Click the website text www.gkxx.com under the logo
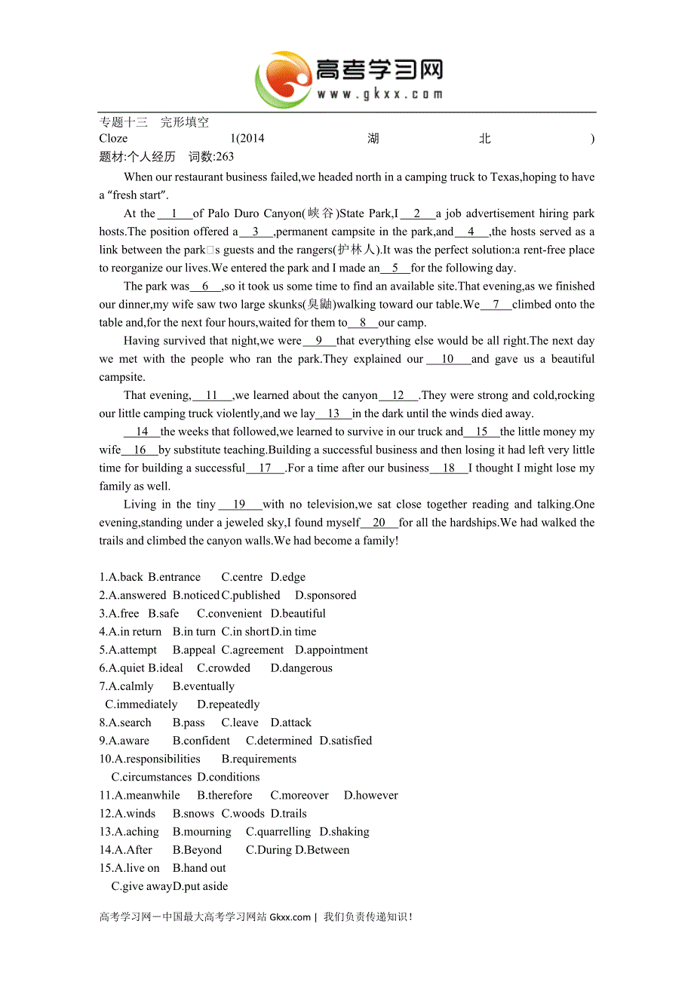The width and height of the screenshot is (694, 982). (x=379, y=94)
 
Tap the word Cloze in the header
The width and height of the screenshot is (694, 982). (x=113, y=138)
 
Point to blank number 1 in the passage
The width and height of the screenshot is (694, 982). (x=174, y=213)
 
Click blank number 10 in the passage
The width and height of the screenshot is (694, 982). (x=448, y=359)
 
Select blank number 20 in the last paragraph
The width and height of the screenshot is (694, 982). (x=379, y=523)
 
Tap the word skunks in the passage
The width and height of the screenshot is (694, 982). (x=286, y=305)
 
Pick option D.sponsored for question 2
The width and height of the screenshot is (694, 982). (x=325, y=595)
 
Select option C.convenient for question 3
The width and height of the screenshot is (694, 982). (x=229, y=613)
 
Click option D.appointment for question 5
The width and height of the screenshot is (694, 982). (x=331, y=649)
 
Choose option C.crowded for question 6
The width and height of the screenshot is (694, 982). (x=223, y=667)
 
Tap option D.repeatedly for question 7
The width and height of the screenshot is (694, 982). (x=228, y=704)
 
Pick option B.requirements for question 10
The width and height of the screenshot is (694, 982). (x=259, y=759)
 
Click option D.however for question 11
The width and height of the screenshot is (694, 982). (x=370, y=795)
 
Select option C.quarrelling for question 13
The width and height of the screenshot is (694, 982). (x=278, y=831)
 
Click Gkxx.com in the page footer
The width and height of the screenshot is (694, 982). (x=290, y=917)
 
